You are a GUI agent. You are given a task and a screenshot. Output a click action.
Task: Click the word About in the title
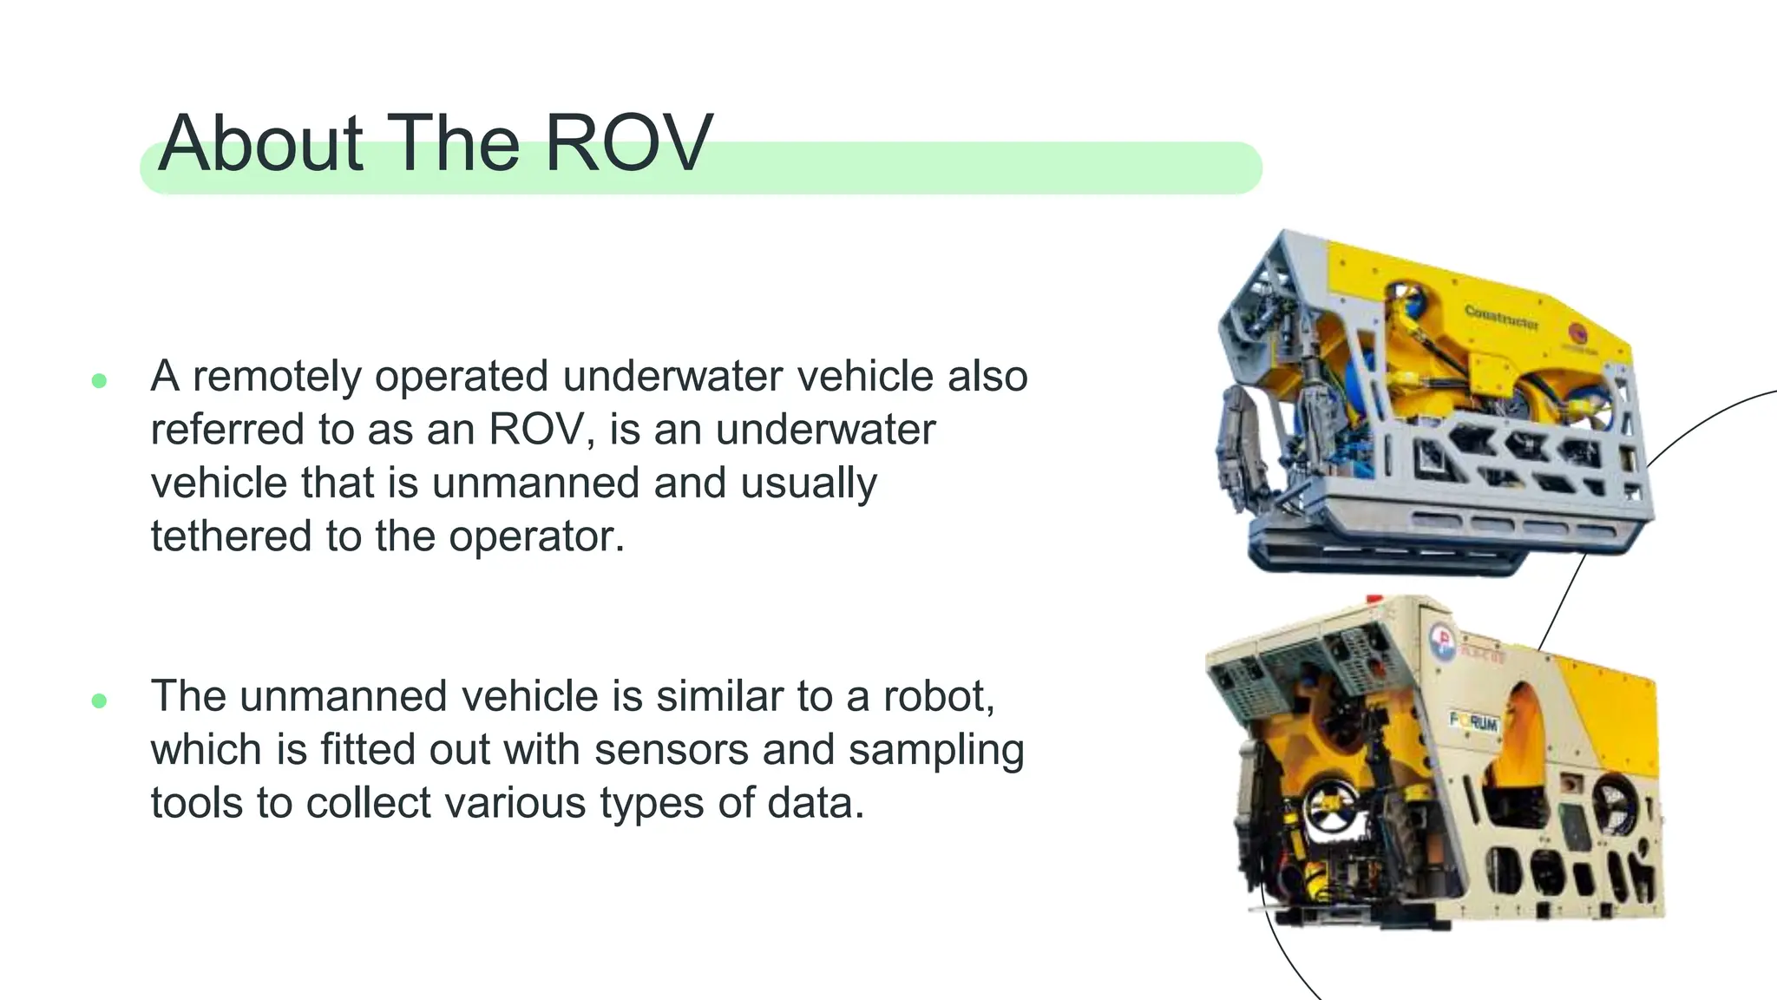(x=260, y=143)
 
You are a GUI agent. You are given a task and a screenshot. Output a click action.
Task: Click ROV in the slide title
(x=627, y=143)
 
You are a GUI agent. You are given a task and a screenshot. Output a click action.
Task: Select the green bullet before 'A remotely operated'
(x=99, y=380)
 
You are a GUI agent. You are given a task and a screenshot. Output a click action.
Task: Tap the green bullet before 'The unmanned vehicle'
(x=99, y=701)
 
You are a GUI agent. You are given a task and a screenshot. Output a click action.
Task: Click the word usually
(x=809, y=483)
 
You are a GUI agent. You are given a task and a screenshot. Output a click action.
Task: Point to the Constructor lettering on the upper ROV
(x=1501, y=318)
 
